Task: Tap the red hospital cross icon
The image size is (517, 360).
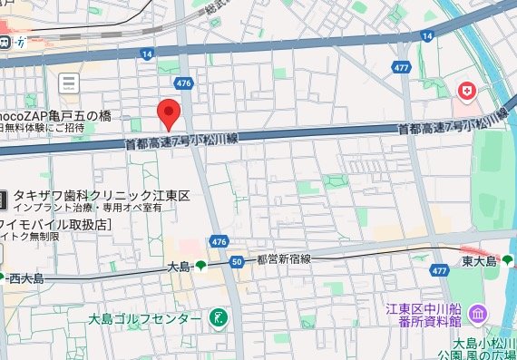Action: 467,92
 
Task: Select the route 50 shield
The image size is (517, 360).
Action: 237,262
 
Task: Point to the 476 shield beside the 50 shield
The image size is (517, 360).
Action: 218,242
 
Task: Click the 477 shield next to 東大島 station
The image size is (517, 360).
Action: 440,270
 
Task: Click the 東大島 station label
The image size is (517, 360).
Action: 478,262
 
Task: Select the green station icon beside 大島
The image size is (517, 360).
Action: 200,267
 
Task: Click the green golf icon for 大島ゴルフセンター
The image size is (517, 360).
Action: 219,318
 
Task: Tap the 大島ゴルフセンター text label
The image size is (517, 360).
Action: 145,319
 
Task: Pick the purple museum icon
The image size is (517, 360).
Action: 478,315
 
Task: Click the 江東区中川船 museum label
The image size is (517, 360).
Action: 421,314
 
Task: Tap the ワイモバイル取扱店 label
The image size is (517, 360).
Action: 54,223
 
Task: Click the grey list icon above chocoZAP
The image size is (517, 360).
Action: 69,84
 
